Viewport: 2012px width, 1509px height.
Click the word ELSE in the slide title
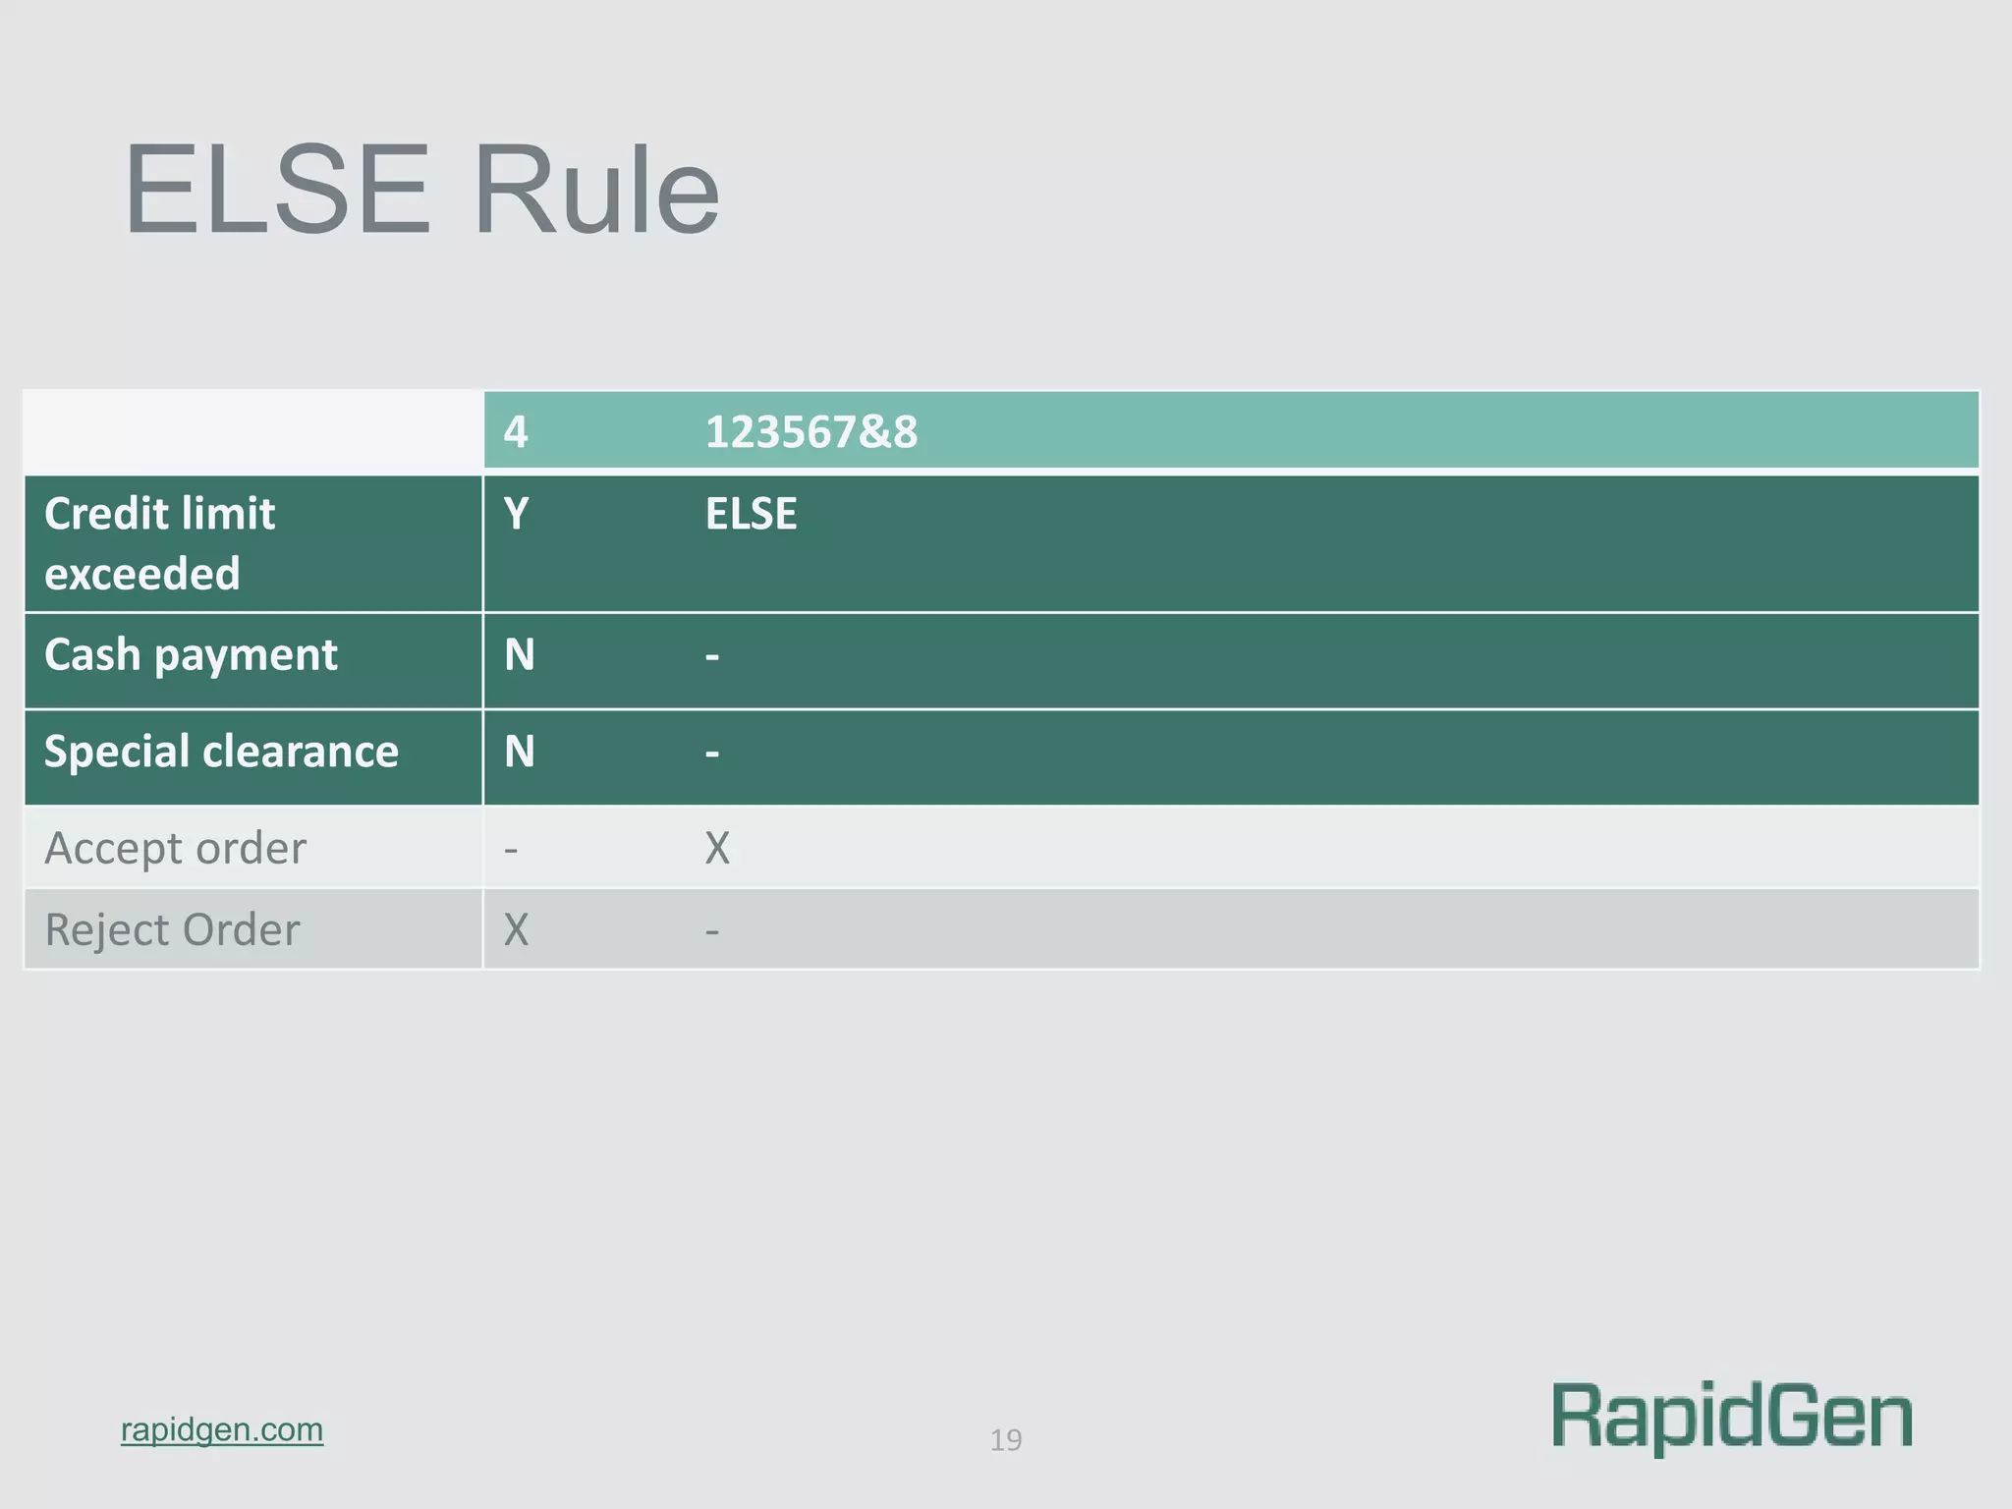click(x=277, y=191)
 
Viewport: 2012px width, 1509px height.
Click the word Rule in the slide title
click(x=596, y=191)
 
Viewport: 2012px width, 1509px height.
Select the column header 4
click(x=516, y=432)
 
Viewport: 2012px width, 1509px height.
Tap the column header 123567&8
click(x=811, y=432)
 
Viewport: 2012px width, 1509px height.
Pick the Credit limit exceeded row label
click(x=160, y=543)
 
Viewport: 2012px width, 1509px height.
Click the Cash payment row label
click(x=191, y=655)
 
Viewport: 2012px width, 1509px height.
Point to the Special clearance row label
click(x=221, y=752)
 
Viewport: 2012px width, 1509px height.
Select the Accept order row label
click(x=175, y=848)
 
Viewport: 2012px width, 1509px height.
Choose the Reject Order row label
click(x=172, y=929)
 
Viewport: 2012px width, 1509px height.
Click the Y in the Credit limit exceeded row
click(x=517, y=514)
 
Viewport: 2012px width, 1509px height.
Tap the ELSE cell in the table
click(x=751, y=514)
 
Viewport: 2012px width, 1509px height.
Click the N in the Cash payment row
click(x=520, y=655)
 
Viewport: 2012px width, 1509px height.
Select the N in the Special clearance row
click(x=520, y=752)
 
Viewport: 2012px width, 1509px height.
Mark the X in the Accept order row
click(x=717, y=848)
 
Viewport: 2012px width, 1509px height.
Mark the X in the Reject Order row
click(x=516, y=929)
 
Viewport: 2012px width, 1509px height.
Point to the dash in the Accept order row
click(x=511, y=849)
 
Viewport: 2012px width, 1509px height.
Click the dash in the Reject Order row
click(x=712, y=930)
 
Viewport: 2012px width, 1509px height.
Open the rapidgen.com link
click(x=222, y=1429)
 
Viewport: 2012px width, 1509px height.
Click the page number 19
click(x=1006, y=1440)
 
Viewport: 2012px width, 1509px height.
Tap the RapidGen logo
click(x=1732, y=1417)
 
